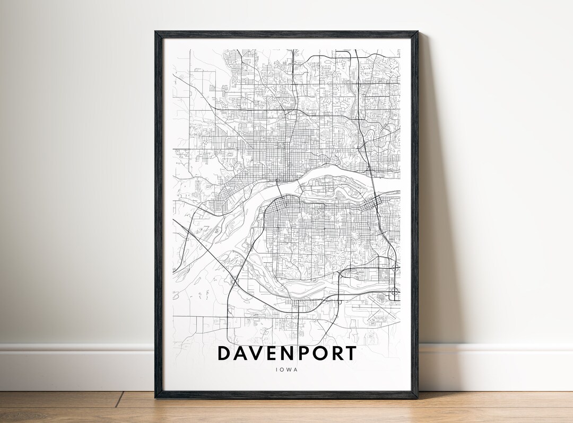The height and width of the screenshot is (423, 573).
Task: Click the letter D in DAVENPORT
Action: click(225, 354)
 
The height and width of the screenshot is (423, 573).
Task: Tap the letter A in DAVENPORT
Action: click(242, 354)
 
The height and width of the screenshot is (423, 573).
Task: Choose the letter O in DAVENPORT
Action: click(325, 354)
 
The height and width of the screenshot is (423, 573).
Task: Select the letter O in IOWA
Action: click(282, 369)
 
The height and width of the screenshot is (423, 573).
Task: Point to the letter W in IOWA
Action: click(289, 369)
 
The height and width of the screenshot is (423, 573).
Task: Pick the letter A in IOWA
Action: click(296, 369)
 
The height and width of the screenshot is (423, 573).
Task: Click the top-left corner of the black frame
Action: click(155, 32)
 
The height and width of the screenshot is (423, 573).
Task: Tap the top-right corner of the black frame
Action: click(417, 32)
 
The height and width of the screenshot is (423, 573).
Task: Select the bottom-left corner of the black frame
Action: click(155, 397)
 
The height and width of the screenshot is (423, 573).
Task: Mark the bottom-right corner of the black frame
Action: click(417, 397)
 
